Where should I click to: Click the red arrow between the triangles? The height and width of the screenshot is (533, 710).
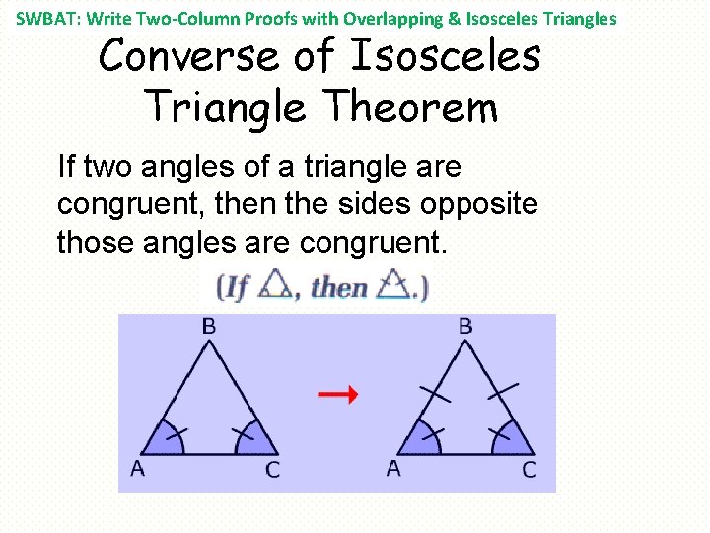tap(336, 395)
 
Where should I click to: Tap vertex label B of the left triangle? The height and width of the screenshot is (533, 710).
tap(209, 325)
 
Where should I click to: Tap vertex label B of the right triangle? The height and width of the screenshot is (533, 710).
tap(465, 325)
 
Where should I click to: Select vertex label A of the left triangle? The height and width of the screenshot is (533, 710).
tap(137, 468)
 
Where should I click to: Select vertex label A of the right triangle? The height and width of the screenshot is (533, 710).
tap(393, 468)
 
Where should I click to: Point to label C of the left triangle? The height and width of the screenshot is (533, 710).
tap(273, 470)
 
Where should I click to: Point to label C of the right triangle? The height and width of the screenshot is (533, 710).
tap(530, 470)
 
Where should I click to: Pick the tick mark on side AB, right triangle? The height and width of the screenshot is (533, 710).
tap(435, 394)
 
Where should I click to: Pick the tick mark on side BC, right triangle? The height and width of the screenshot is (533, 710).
tap(502, 393)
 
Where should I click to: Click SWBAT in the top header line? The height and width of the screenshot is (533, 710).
tap(45, 19)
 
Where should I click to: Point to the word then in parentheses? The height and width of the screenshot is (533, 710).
tap(338, 288)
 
